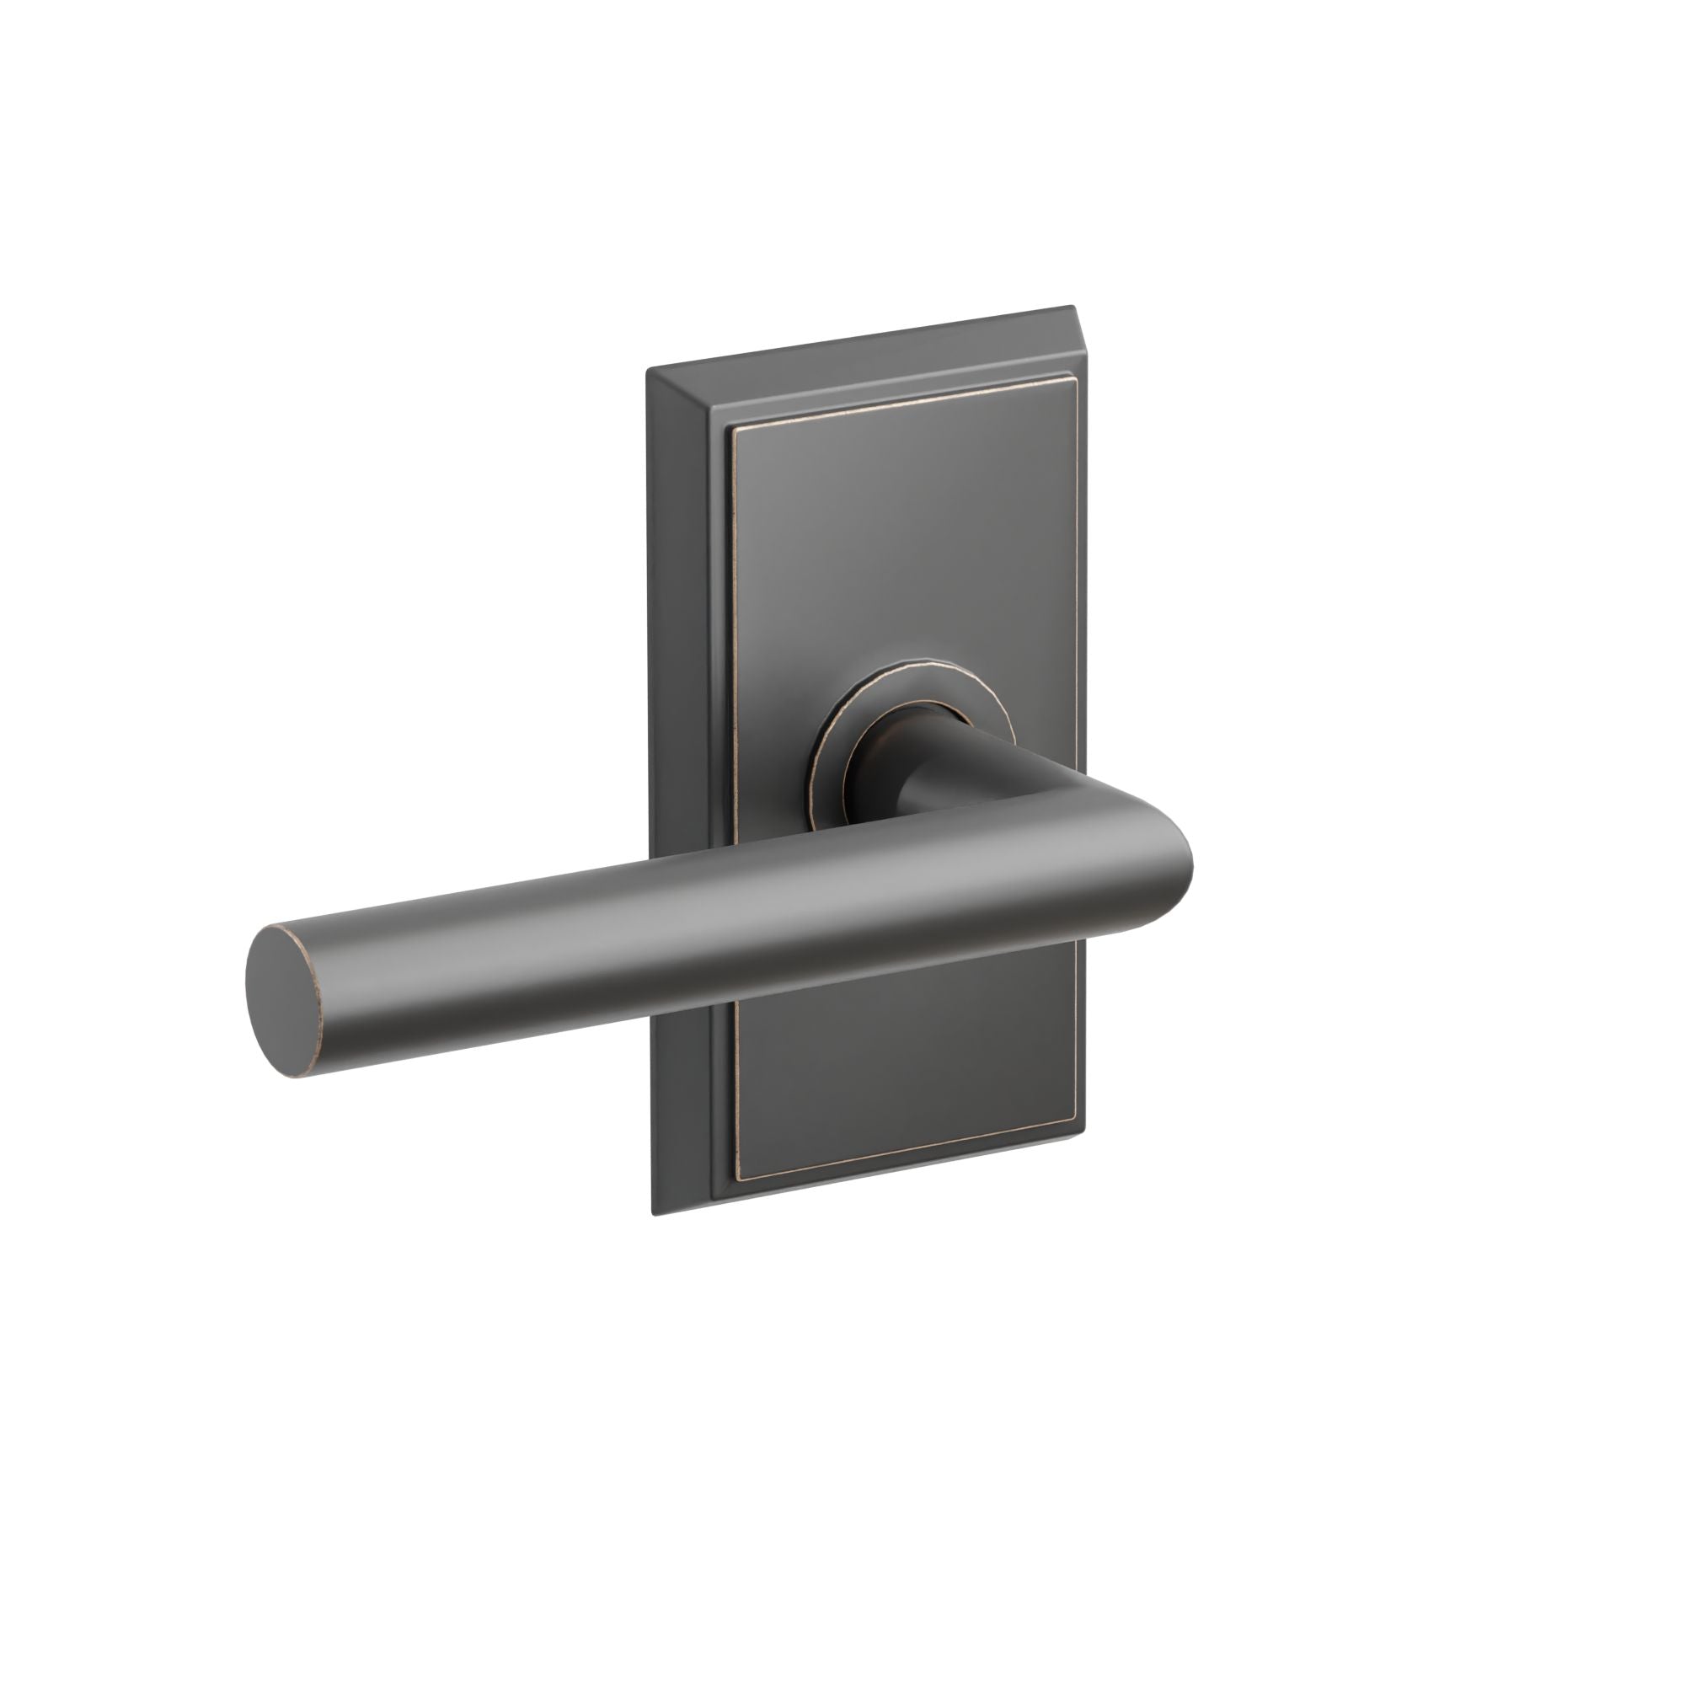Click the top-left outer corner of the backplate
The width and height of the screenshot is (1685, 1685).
pos(647,370)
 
